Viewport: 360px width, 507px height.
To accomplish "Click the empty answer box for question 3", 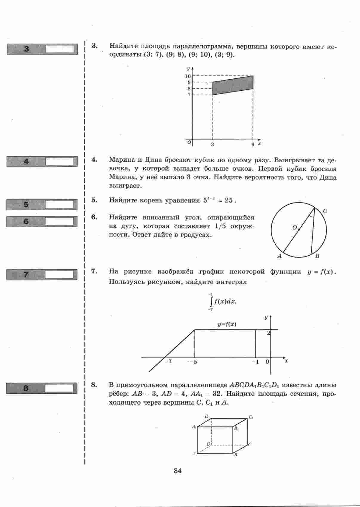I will (60, 49).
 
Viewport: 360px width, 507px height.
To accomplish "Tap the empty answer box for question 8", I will (59, 388).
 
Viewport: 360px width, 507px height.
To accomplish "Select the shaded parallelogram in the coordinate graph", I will (233, 85).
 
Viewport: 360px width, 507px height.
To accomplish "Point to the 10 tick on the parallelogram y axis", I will (188, 76).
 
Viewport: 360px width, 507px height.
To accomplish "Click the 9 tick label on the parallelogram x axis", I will (253, 144).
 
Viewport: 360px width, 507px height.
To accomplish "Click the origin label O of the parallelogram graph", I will (189, 142).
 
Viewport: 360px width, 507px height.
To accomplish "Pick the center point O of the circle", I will (299, 230).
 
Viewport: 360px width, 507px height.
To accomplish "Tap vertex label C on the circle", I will (325, 211).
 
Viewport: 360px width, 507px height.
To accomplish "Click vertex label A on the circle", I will (279, 256).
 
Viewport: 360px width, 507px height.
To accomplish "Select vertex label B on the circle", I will (317, 256).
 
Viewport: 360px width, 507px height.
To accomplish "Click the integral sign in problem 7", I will (211, 302).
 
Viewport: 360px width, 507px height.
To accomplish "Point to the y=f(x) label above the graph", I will (227, 324).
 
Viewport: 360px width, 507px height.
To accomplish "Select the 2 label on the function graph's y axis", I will (268, 333).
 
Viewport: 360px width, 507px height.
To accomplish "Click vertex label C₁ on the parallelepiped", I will (251, 418).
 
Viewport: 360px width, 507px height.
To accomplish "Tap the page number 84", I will (177, 471).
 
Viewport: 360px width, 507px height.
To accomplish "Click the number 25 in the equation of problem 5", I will (228, 200).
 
